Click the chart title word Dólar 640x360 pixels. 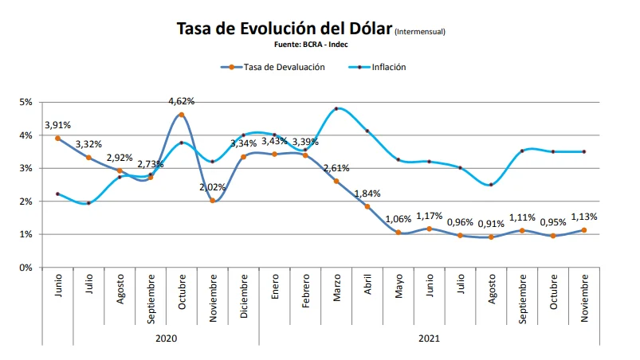coord(363,29)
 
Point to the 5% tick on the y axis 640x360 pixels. coord(26,103)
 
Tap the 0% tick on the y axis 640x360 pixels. coord(26,268)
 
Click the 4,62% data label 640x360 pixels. coord(182,101)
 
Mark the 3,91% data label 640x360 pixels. coord(58,125)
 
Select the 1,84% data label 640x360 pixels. coord(367,194)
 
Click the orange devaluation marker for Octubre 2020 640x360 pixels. coord(182,115)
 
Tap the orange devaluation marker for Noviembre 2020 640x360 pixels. coord(213,201)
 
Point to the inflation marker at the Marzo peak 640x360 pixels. coord(336,108)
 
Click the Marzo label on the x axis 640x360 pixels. coord(337,298)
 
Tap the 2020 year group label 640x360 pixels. coord(166,338)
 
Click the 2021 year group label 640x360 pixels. coord(430,338)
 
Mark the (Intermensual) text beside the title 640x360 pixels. coord(420,33)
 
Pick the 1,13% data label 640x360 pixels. coord(584,217)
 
